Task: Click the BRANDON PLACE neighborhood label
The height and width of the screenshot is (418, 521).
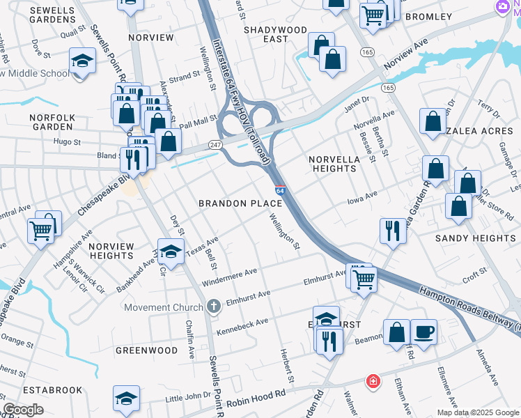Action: coord(240,203)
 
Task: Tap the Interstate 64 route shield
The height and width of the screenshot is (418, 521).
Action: coord(279,190)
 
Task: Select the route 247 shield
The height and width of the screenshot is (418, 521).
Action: coord(215,145)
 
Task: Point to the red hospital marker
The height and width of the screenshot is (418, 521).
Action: coord(373,382)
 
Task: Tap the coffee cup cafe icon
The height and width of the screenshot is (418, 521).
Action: coord(423,331)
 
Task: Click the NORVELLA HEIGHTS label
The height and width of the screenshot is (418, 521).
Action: coord(334,164)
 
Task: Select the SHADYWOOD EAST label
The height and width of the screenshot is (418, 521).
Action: coord(275,34)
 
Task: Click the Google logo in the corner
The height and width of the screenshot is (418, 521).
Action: coord(23,410)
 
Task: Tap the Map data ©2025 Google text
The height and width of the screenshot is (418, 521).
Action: coord(478,412)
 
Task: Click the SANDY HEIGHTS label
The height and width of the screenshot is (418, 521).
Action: coord(475,238)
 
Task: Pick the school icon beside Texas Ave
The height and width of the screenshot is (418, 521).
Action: coord(170,252)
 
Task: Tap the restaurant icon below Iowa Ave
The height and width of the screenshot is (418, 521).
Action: coord(393,230)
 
